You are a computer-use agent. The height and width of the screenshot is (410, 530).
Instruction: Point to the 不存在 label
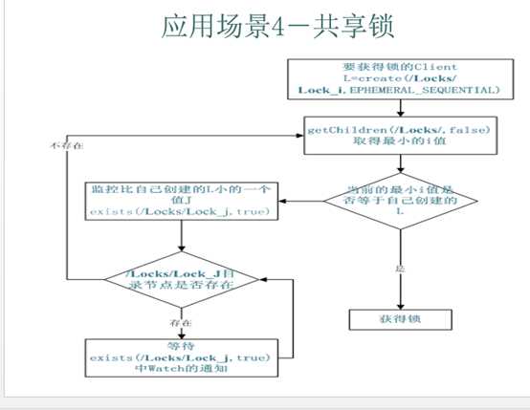tap(64, 144)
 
